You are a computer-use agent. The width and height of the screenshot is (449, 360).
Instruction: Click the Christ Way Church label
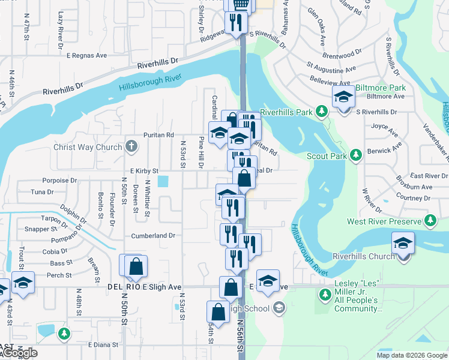click(x=88, y=147)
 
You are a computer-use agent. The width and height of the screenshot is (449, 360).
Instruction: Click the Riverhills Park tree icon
click(x=322, y=112)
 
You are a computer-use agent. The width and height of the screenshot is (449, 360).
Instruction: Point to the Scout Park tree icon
click(x=357, y=155)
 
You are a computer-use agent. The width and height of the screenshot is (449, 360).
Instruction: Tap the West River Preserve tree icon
click(x=430, y=221)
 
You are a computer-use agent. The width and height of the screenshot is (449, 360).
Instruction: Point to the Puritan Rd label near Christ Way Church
click(x=158, y=135)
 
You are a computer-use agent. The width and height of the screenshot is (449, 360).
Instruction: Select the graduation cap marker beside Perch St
click(x=23, y=283)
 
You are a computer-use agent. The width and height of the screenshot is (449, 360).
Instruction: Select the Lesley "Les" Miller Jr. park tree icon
click(x=325, y=295)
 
